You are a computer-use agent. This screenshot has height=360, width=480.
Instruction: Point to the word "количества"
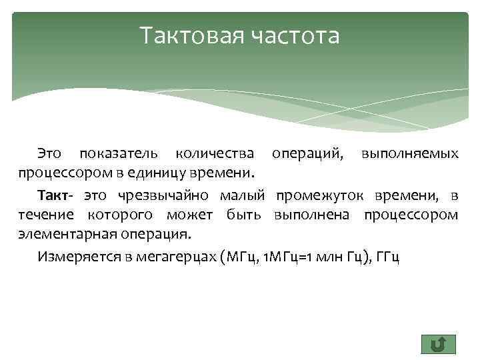pos(214,154)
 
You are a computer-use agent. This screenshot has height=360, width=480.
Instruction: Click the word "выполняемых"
pos(409,154)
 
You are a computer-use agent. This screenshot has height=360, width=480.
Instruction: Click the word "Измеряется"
pos(75,257)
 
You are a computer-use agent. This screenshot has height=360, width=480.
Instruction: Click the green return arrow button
pos(438,344)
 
